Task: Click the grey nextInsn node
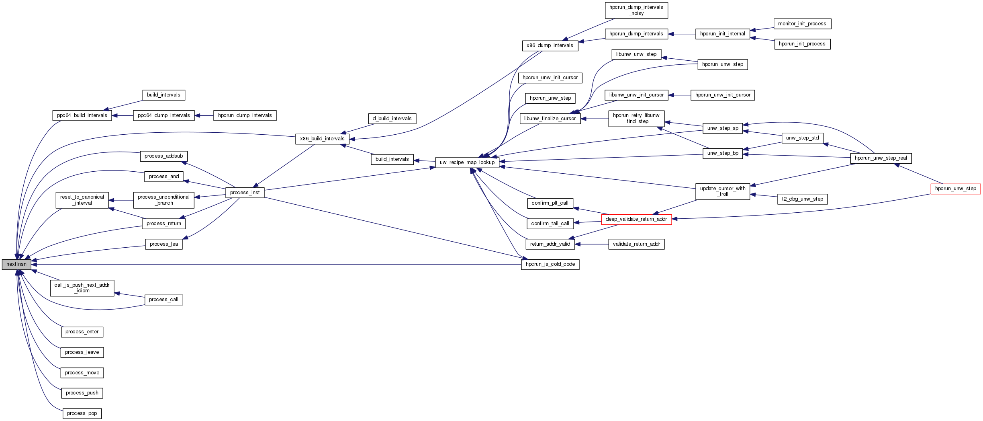click(16, 265)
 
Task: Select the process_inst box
click(245, 193)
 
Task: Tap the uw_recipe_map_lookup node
click(467, 162)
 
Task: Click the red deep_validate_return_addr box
click(636, 219)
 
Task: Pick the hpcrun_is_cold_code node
click(550, 264)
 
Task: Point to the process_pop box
click(82, 413)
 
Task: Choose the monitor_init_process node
click(802, 24)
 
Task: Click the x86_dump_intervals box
click(550, 45)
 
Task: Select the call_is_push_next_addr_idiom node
click(82, 288)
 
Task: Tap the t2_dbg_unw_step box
click(802, 199)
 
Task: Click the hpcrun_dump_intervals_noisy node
click(636, 10)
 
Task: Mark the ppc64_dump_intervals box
click(163, 115)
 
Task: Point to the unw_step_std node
click(802, 138)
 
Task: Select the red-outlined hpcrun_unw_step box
click(955, 189)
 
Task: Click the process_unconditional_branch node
click(163, 200)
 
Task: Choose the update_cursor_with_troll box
click(722, 191)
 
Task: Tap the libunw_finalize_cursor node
click(550, 119)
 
